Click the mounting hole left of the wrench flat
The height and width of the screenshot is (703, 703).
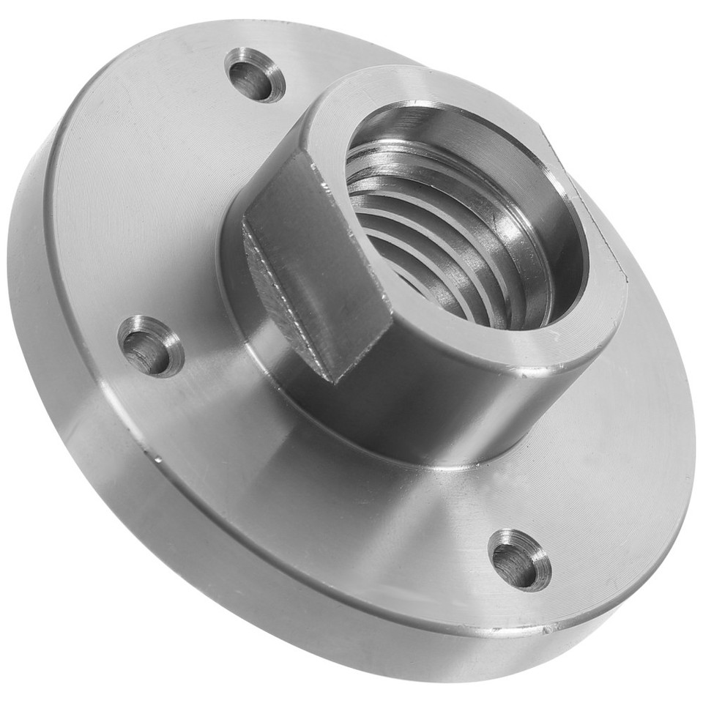point(150,346)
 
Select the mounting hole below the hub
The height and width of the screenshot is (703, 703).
point(519,560)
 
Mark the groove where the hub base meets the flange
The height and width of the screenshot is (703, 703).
point(410,458)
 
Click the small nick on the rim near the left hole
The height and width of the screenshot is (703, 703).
point(158,459)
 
